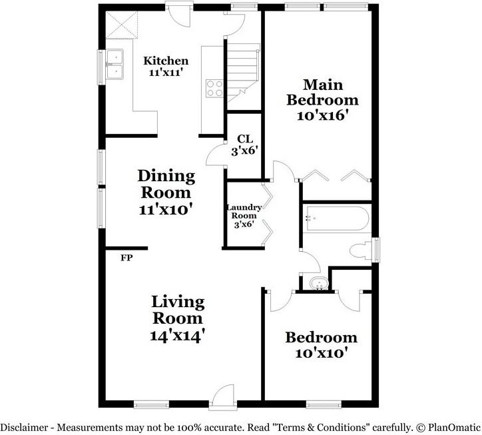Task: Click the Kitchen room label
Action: click(166, 61)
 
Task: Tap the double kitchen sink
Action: click(115, 65)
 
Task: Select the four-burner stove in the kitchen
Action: click(214, 89)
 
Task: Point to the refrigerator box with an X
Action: click(122, 25)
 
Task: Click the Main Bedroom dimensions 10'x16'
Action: click(323, 116)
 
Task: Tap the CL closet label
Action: click(245, 139)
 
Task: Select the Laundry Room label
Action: click(244, 211)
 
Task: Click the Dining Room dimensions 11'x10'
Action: click(166, 209)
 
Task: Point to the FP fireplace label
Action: click(126, 258)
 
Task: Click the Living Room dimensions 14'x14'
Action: click(178, 335)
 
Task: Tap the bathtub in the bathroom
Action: click(336, 218)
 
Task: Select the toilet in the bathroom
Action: click(361, 250)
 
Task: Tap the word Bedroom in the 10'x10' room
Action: click(322, 338)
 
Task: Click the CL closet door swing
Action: click(216, 155)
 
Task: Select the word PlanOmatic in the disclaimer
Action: click(453, 427)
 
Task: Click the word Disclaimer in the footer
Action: click(24, 427)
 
